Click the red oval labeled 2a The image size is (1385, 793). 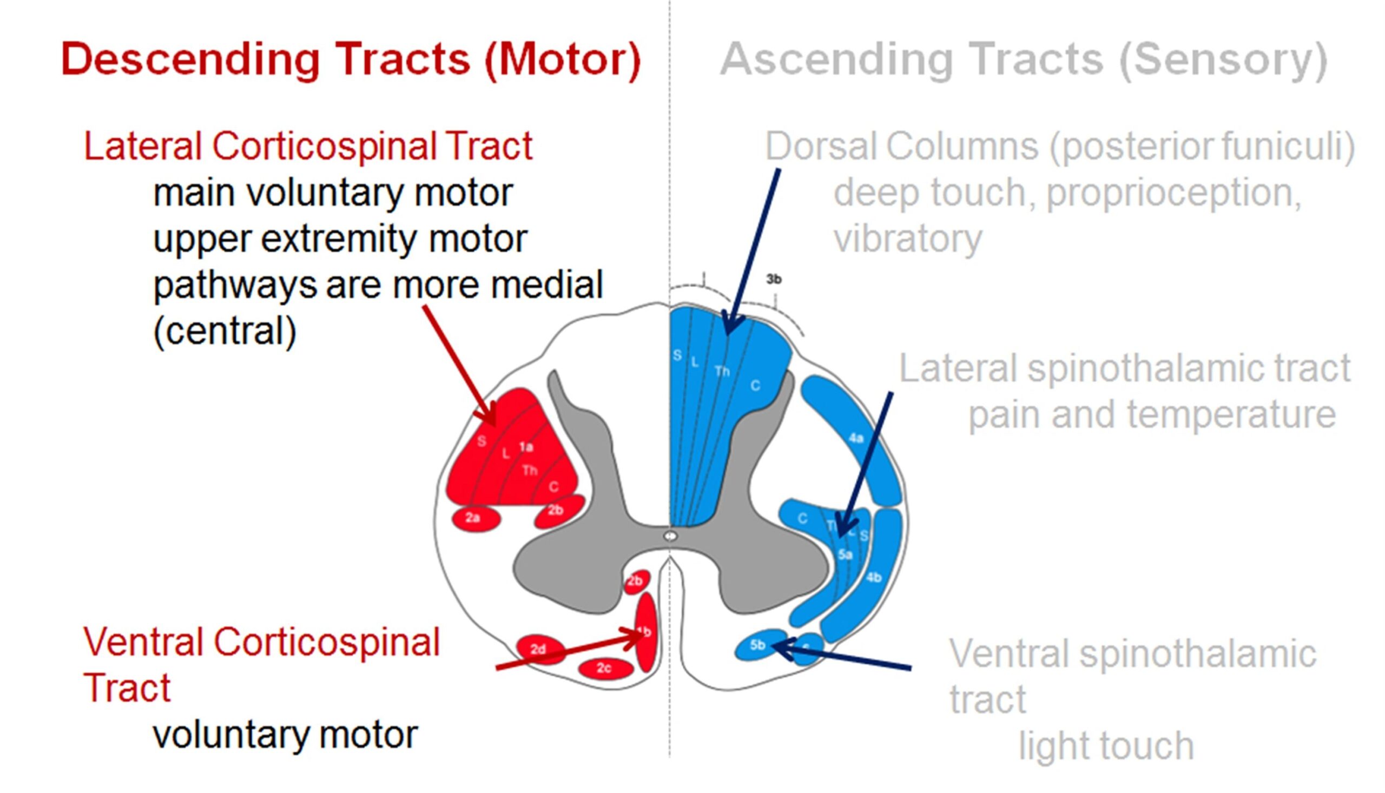[x=476, y=518]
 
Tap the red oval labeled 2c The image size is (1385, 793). [x=605, y=668]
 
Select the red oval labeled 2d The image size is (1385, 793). [x=539, y=649]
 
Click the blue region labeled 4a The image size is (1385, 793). [x=856, y=439]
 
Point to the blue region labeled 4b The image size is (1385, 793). [x=874, y=577]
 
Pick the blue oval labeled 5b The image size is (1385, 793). [x=759, y=645]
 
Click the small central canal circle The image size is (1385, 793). [x=670, y=537]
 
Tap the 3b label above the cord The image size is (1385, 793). [x=773, y=280]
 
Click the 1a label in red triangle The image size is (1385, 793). [x=525, y=447]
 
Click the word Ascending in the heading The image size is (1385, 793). [x=835, y=59]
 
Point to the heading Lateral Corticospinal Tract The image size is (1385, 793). [x=308, y=146]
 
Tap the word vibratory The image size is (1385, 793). [x=907, y=239]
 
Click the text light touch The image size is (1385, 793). [x=1106, y=745]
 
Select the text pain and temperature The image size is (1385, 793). [x=1151, y=415]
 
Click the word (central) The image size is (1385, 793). [x=225, y=331]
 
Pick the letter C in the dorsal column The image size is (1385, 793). [x=755, y=386]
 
